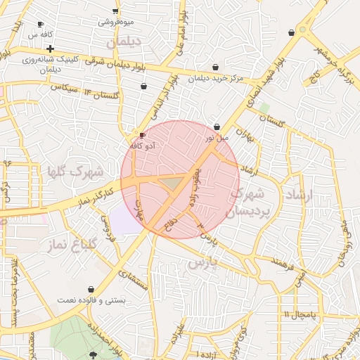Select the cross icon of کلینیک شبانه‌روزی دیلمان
pos(51,49)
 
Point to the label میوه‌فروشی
pos(116,22)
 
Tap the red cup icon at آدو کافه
pos(143,135)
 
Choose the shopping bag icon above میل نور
pos(217,127)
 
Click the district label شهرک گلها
pos(75,171)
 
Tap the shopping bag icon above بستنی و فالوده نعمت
pos(91,289)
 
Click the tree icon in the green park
pos(94,355)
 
